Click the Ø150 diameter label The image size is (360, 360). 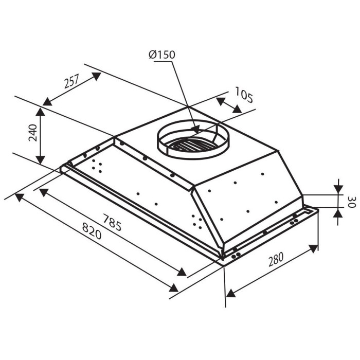[162, 55]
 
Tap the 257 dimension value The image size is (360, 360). [71, 81]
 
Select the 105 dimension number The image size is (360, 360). [244, 95]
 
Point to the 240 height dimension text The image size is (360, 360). [32, 133]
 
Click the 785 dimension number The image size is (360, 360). [112, 222]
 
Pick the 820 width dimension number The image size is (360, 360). [92, 231]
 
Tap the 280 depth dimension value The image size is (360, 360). [276, 259]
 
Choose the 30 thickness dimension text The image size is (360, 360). [351, 202]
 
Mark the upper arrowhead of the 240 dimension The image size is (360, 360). [41, 112]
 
